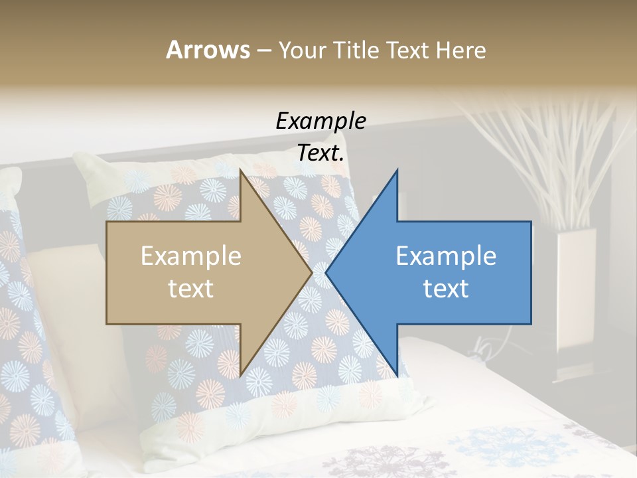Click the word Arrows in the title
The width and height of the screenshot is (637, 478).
click(x=208, y=50)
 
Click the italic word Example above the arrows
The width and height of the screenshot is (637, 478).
click(x=320, y=121)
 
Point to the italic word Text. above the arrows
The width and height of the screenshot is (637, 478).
click(x=320, y=153)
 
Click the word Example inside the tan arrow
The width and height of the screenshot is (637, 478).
click(x=190, y=256)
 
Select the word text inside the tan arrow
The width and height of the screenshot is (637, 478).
click(x=190, y=289)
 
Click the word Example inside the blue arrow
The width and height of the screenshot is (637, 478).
click(x=446, y=256)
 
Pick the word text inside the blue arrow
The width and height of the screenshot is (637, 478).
click(x=446, y=289)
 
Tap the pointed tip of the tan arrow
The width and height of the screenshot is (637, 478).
click(x=311, y=272)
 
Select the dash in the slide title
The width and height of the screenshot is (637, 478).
click(x=263, y=51)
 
